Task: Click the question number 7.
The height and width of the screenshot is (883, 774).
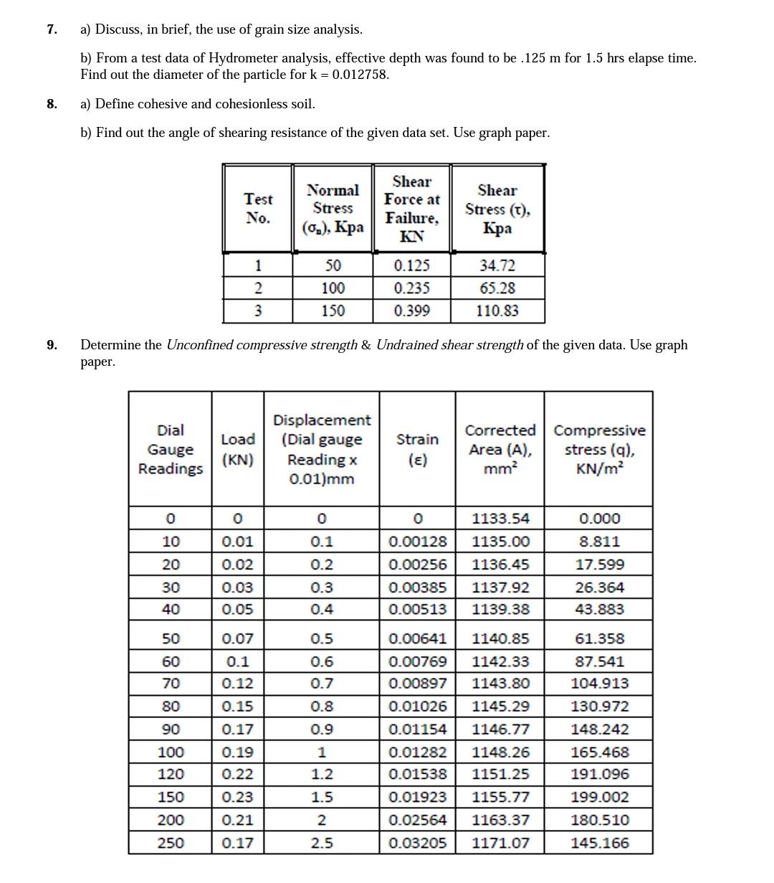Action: pyautogui.click(x=51, y=29)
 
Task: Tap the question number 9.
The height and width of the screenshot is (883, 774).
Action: pyautogui.click(x=51, y=345)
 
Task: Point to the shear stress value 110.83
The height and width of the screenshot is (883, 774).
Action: pyautogui.click(x=497, y=311)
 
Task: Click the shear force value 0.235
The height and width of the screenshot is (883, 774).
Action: pyautogui.click(x=412, y=288)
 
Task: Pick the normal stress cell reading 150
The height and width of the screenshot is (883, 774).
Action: pyautogui.click(x=333, y=311)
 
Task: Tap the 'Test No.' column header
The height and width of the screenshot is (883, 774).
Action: pyautogui.click(x=258, y=208)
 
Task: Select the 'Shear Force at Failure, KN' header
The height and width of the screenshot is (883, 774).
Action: pyautogui.click(x=412, y=208)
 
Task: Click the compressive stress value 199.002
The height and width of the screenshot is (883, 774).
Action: pyautogui.click(x=599, y=797)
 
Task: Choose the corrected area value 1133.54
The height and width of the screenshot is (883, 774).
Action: pyautogui.click(x=500, y=519)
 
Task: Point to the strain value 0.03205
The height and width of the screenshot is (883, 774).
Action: pyautogui.click(x=417, y=843)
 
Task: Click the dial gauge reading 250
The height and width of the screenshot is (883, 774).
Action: pyautogui.click(x=171, y=843)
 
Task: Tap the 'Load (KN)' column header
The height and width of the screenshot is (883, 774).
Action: pyautogui.click(x=238, y=449)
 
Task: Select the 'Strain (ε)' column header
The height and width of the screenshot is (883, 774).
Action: pyautogui.click(x=417, y=449)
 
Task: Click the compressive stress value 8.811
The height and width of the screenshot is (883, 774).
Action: pyautogui.click(x=599, y=542)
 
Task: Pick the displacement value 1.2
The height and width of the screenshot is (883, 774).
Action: pyautogui.click(x=322, y=774)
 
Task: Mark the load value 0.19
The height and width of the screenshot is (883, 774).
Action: pyautogui.click(x=238, y=752)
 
